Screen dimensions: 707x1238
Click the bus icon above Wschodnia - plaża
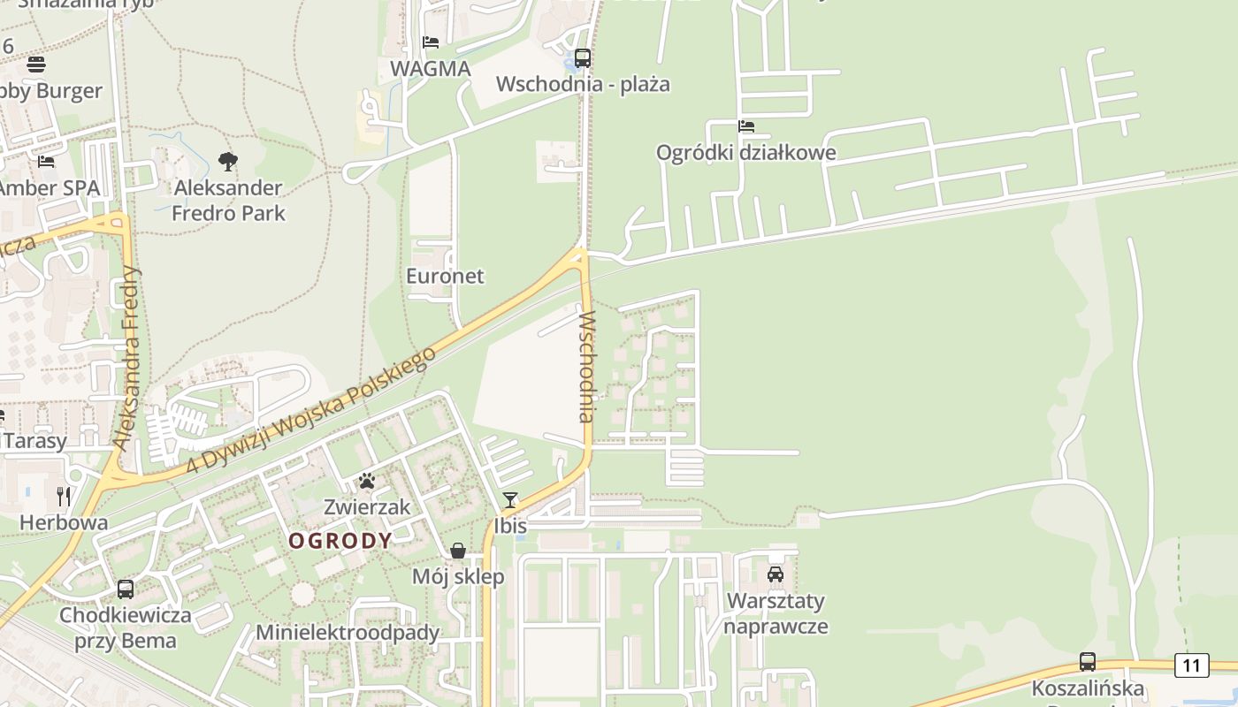(582, 58)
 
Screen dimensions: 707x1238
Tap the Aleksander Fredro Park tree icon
(228, 162)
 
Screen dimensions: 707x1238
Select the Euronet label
(445, 276)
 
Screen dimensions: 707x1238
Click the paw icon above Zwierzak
(366, 482)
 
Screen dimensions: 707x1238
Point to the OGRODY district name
(340, 541)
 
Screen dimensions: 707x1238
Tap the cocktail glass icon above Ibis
(510, 500)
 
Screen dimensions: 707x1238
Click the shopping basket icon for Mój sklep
(458, 551)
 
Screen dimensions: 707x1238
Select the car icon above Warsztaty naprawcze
(776, 574)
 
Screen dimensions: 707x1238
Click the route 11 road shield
(1191, 665)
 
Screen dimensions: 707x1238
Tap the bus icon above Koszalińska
(1087, 662)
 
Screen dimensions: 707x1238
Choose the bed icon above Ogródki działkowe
(746, 126)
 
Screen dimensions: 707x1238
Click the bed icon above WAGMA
(431, 42)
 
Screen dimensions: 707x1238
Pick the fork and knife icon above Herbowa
(64, 497)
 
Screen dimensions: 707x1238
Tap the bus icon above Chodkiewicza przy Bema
(126, 589)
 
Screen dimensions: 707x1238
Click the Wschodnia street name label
(585, 366)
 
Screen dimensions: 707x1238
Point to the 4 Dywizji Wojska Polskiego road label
(312, 409)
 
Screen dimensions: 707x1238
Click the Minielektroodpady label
(348, 633)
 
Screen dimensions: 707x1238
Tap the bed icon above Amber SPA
(46, 162)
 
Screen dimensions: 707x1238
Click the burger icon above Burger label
(36, 65)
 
